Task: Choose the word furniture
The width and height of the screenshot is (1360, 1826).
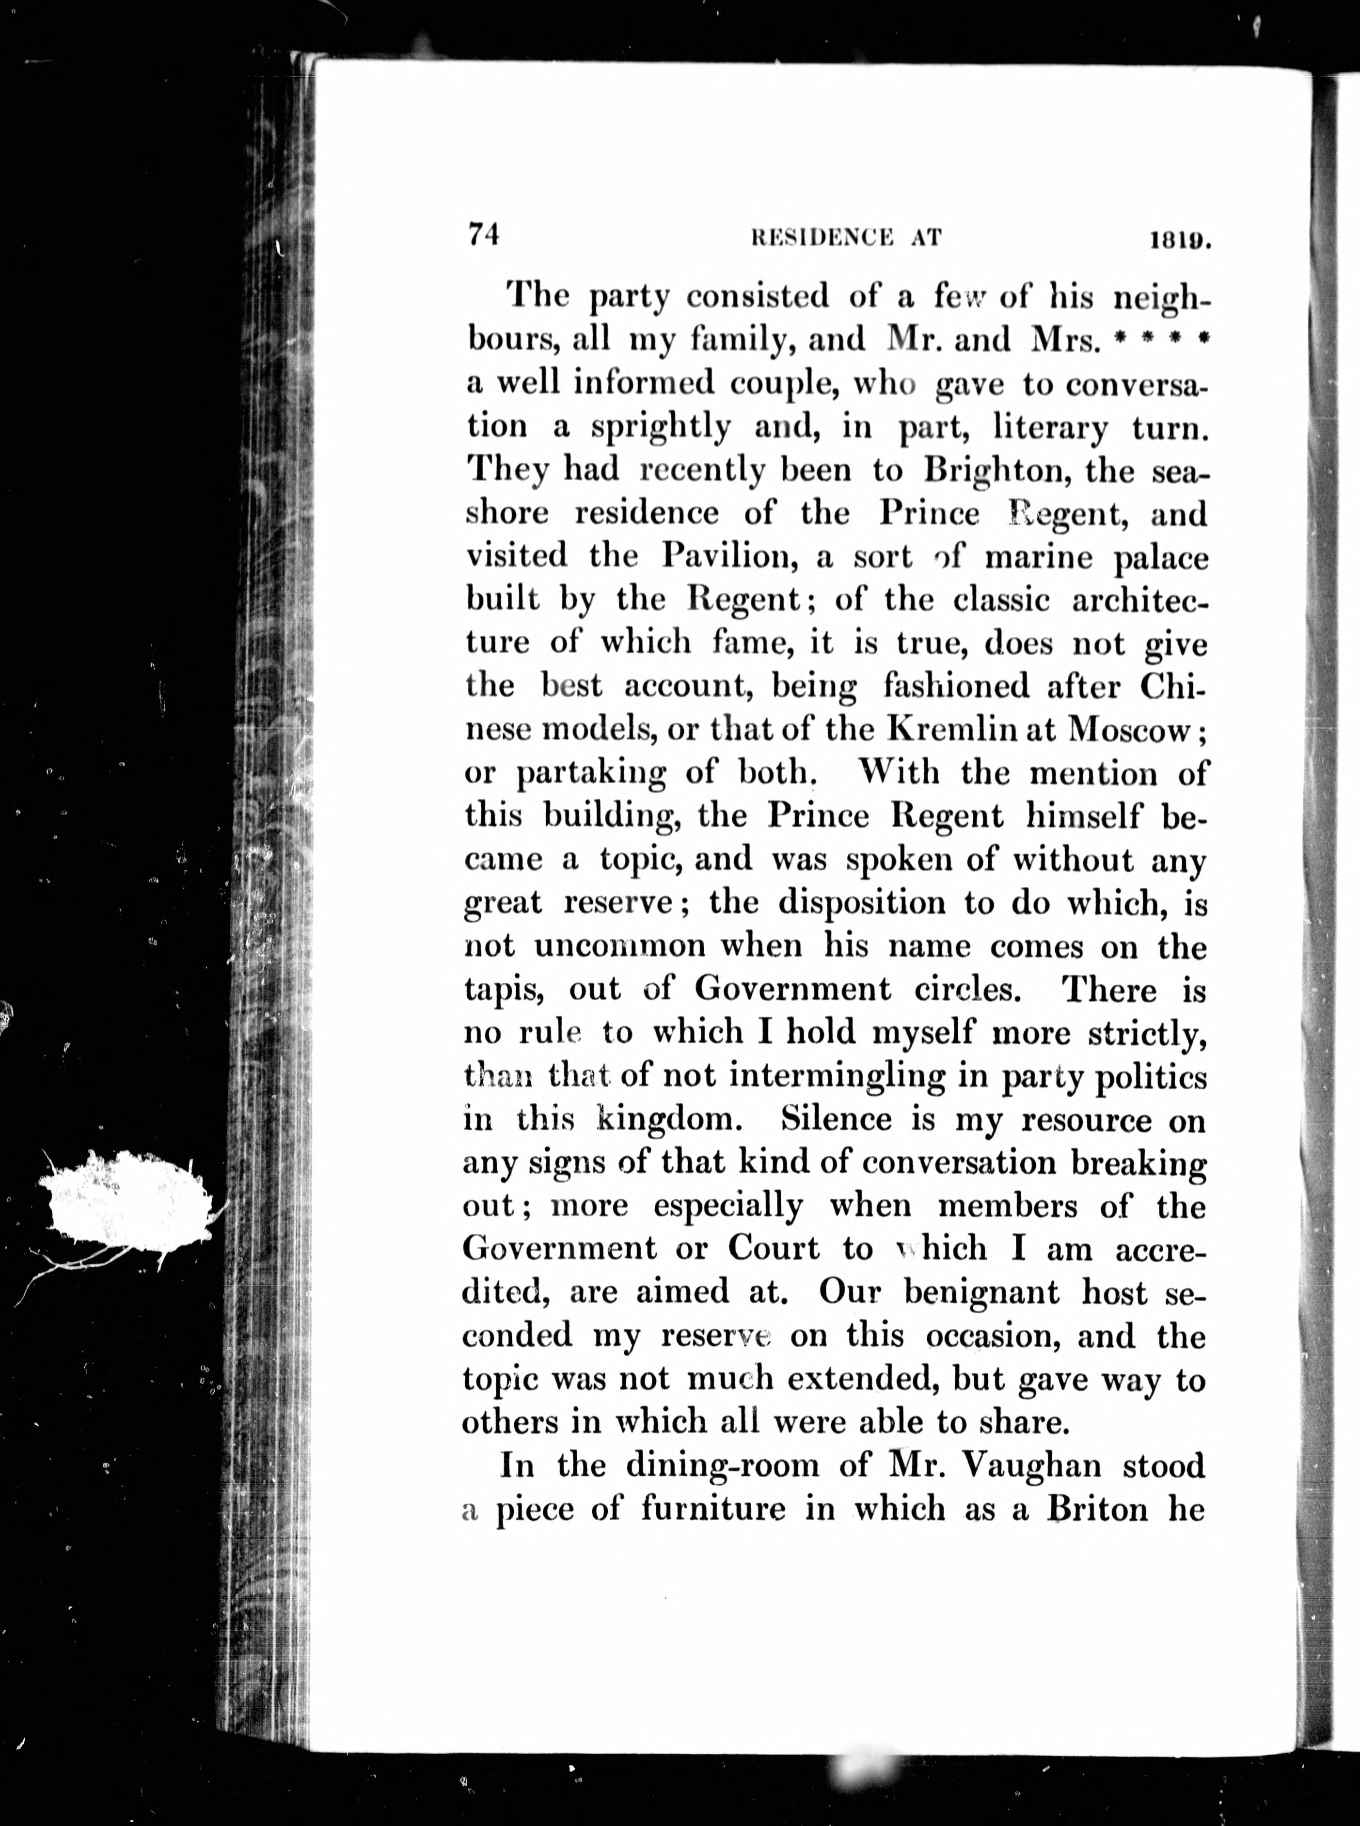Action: (x=713, y=1509)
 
